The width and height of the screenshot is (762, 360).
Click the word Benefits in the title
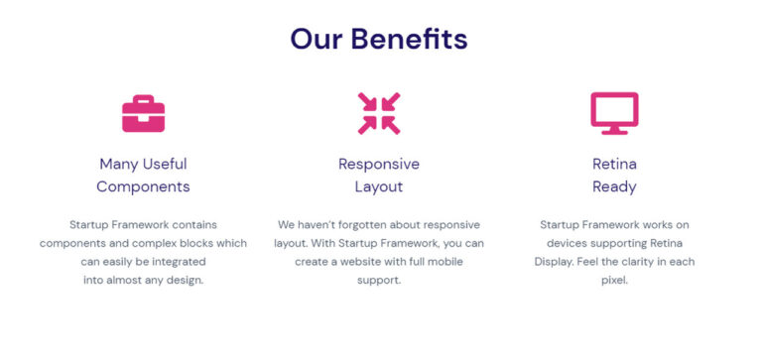tap(409, 40)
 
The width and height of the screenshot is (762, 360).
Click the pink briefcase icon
tap(143, 115)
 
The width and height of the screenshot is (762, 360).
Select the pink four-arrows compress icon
tap(379, 113)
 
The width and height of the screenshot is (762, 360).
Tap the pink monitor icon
tap(614, 113)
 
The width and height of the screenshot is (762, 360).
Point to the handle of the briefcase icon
tap(143, 100)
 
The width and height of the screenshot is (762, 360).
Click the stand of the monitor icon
tap(614, 130)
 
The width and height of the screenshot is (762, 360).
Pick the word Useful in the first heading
tap(164, 164)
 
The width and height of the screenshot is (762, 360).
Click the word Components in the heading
tap(143, 186)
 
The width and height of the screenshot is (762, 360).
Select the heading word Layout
tap(379, 186)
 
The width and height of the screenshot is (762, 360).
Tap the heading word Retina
tap(614, 164)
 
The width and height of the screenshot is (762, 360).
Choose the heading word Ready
tap(614, 186)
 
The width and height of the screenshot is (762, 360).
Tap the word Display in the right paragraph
tap(556, 262)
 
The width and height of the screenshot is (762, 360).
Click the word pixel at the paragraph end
tap(612, 281)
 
